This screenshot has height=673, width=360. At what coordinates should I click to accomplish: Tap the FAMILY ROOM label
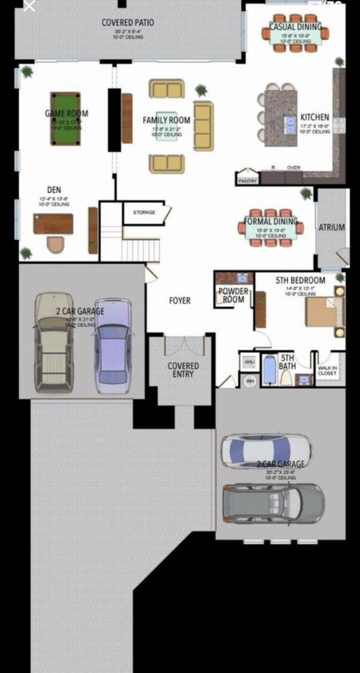pos(166,120)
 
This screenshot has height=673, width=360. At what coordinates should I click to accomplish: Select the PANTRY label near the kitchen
pos(247,181)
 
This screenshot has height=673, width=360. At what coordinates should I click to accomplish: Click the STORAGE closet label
pos(143,213)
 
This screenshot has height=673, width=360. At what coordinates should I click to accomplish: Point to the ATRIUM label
pos(332,227)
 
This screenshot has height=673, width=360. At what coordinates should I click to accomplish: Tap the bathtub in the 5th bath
pos(269,370)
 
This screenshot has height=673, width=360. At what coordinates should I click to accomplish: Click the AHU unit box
pos(249,363)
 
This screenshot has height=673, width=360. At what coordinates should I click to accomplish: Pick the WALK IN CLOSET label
pos(327,370)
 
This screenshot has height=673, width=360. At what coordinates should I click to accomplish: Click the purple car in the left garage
pos(113,346)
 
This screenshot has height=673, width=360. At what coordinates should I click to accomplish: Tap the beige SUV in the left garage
pos(54,343)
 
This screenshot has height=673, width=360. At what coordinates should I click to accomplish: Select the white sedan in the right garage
pos(266,450)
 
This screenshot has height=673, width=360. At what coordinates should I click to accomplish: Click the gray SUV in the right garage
pos(273,503)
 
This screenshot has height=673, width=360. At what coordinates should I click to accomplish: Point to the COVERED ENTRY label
pos(183,370)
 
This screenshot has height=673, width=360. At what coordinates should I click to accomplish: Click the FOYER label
pos(179,301)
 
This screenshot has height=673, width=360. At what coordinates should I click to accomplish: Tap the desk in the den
pos(53,224)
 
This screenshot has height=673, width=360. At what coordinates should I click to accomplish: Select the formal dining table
pos(271,229)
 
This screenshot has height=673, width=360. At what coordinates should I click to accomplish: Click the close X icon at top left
pos(29,7)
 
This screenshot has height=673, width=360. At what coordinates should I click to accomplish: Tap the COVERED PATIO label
pos(127,23)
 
